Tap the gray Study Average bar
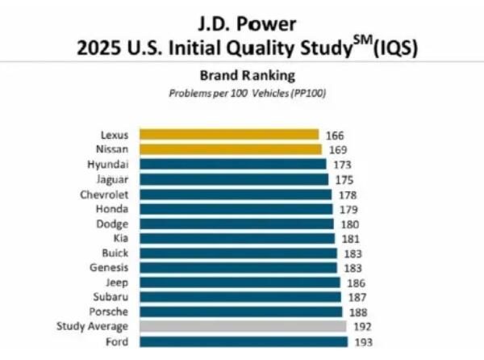point(243,327)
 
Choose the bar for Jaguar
point(234,179)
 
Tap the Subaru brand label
point(111,297)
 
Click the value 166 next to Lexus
point(335,135)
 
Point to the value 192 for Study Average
point(361,328)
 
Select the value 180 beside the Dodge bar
point(348,224)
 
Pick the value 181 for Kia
point(349,238)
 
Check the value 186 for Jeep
point(356,283)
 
